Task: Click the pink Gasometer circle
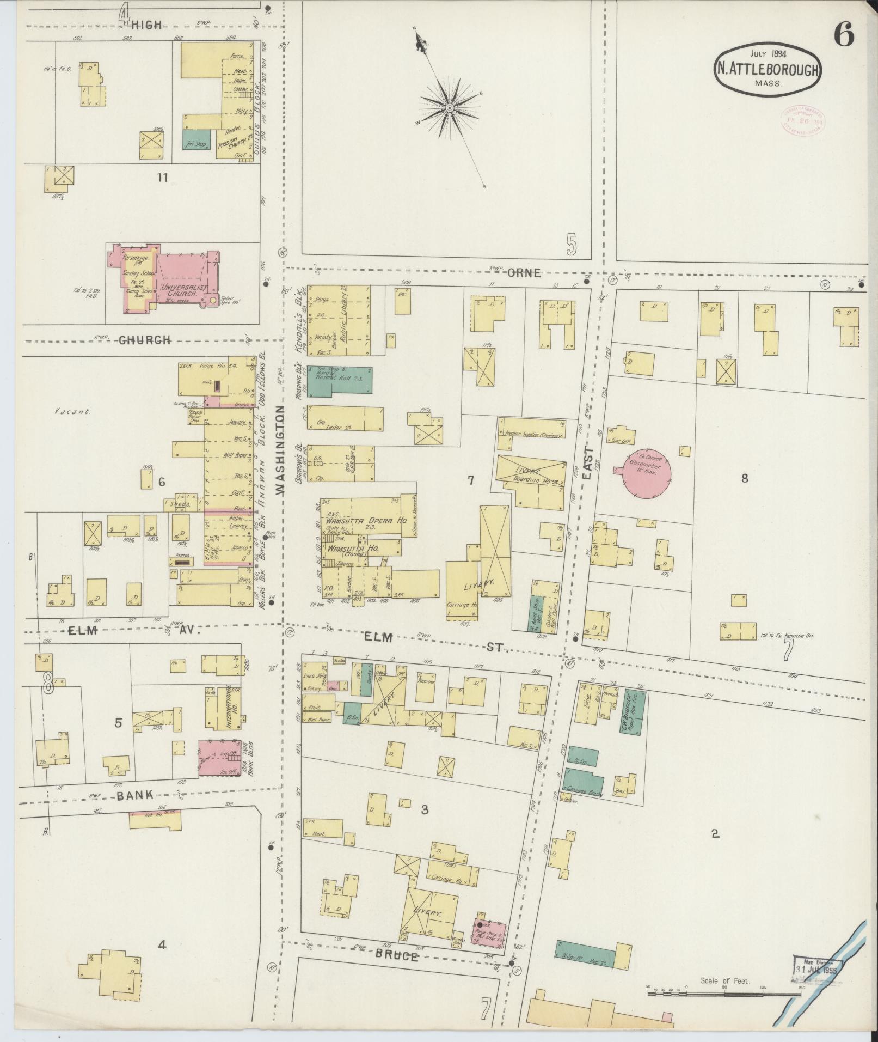pos(646,472)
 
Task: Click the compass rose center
pos(450,108)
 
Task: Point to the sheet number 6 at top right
pos(843,37)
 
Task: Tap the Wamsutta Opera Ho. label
pos(367,520)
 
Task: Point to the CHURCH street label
pos(144,340)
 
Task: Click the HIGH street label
pos(147,25)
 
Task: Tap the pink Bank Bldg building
pos(219,757)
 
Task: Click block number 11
pos(162,178)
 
